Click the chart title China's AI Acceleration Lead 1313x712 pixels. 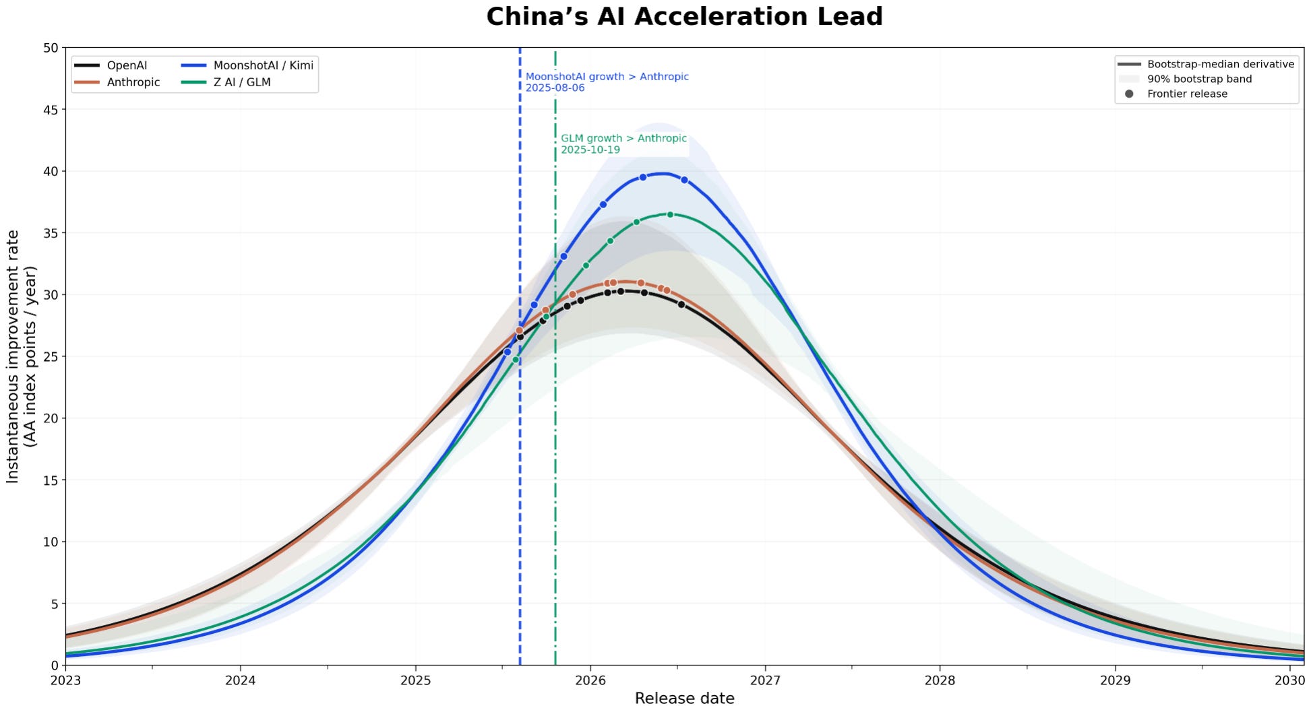pos(684,17)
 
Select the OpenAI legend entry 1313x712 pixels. pos(111,65)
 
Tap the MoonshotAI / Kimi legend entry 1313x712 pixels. pos(247,65)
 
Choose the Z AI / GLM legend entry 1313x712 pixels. pos(226,82)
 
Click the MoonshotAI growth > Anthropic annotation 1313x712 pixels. pos(607,82)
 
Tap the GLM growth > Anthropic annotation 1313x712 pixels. pos(624,144)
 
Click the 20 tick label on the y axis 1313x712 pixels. pos(51,418)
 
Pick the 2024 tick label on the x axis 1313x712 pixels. pos(241,680)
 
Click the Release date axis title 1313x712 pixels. pos(685,699)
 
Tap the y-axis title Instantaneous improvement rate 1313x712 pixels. pos(13,356)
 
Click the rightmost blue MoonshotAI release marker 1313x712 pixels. pos(684,180)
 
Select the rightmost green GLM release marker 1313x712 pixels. pos(670,215)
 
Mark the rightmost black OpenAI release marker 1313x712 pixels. pos(681,304)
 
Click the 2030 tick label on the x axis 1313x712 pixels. pos(1289,680)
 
